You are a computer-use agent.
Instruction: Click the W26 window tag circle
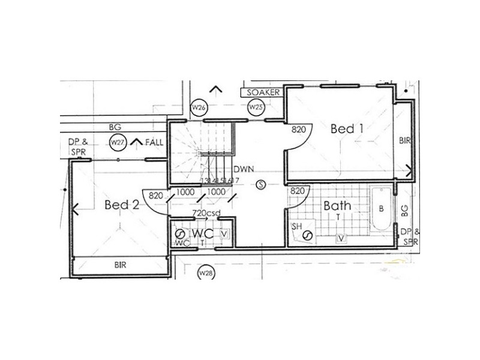(199, 107)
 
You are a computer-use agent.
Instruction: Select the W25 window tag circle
(256, 107)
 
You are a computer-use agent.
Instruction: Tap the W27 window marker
(118, 142)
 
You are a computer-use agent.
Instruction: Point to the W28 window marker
(206, 273)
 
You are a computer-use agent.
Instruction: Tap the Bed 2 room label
(122, 205)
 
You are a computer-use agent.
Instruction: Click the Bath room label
(337, 206)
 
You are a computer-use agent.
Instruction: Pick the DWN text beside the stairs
(242, 169)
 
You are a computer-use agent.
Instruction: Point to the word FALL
(154, 142)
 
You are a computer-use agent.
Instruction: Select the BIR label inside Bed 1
(404, 140)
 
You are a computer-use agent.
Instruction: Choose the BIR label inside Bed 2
(122, 264)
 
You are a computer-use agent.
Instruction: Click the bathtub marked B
(381, 209)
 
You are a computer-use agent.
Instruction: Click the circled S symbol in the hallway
(260, 185)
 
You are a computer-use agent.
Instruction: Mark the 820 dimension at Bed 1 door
(299, 129)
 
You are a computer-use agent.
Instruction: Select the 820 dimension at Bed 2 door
(156, 195)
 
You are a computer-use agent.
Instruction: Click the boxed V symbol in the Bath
(341, 238)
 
